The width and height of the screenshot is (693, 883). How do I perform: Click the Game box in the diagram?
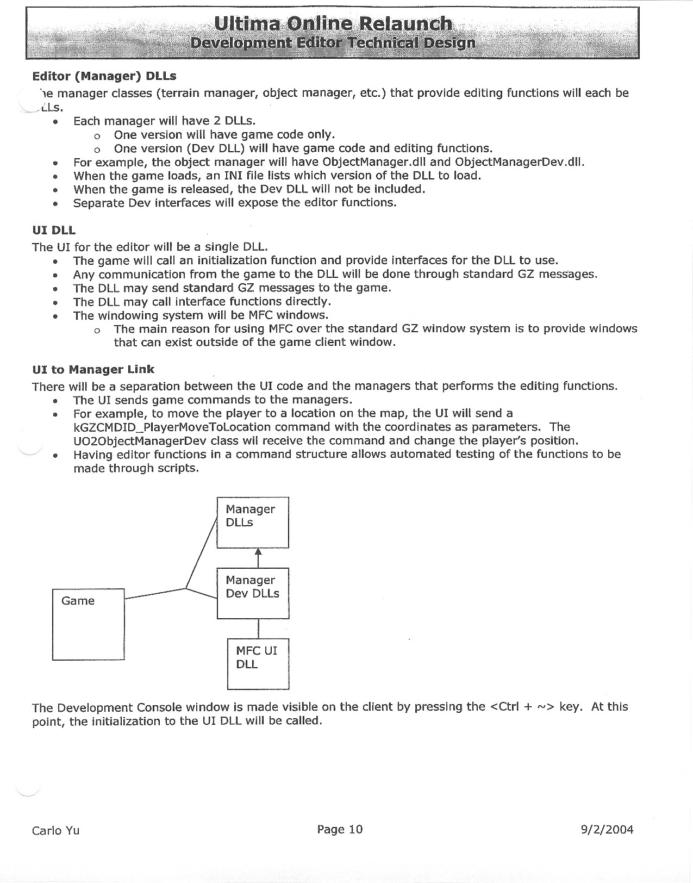click(88, 624)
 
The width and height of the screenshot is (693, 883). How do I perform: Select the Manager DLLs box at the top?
click(252, 522)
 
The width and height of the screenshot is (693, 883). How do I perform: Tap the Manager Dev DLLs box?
click(252, 593)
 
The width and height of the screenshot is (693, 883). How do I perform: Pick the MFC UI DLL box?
click(258, 663)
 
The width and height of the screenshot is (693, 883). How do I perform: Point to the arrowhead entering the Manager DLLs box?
click(258, 553)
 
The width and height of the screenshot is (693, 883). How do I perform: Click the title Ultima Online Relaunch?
click(333, 23)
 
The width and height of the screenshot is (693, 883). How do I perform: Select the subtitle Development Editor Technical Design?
click(333, 43)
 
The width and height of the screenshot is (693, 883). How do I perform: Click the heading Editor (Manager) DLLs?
click(104, 76)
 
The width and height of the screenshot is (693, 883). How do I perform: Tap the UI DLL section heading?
click(54, 231)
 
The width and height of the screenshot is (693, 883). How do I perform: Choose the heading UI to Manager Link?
click(93, 369)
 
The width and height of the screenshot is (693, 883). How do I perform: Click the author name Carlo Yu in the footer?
click(55, 830)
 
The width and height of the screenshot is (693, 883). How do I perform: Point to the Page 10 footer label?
click(340, 829)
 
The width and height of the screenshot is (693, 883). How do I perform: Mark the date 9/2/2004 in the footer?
click(607, 829)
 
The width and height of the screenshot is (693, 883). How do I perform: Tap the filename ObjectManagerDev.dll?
click(519, 162)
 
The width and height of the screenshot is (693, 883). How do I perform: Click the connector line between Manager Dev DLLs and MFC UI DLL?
click(258, 629)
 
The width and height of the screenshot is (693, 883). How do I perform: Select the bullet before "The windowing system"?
click(55, 316)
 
